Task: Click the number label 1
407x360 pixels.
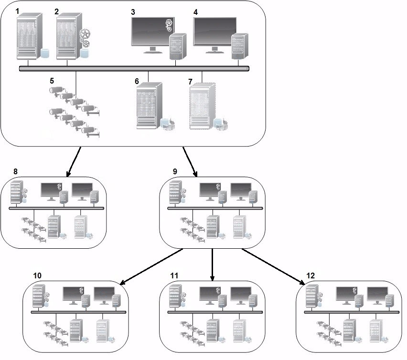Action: (x=18, y=11)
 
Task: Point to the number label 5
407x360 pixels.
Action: (x=52, y=80)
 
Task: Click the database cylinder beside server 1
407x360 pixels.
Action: (x=44, y=52)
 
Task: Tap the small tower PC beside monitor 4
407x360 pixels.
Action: (x=240, y=46)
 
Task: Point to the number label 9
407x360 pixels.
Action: (x=174, y=170)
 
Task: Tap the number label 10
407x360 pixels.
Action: (x=38, y=275)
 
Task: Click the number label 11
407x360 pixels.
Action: (x=174, y=275)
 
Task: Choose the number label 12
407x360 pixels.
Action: (x=311, y=275)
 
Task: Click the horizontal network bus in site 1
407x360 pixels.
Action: (x=134, y=69)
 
